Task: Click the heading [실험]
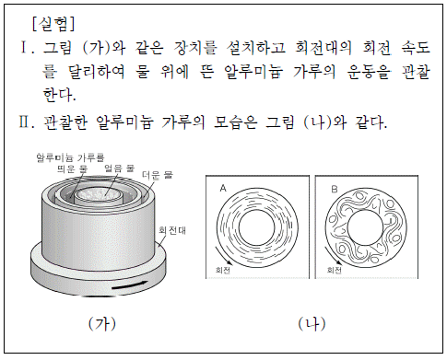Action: tap(53, 24)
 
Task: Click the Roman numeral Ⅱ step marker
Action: tap(27, 122)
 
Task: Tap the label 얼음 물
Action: tap(119, 168)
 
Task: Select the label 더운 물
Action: tap(158, 175)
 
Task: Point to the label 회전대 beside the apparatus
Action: tap(172, 230)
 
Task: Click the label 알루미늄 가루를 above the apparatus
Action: tap(70, 157)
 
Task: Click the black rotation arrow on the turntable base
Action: tap(130, 285)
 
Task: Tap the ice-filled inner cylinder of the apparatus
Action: tap(100, 195)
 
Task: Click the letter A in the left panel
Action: tap(223, 188)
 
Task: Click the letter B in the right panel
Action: tap(335, 190)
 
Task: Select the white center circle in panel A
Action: tap(257, 228)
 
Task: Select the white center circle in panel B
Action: tap(366, 227)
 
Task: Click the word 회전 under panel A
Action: tap(223, 270)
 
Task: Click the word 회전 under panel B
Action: tap(334, 270)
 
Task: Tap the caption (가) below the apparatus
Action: tap(102, 324)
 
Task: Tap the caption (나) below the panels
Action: tap(312, 324)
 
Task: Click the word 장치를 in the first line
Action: tap(195, 48)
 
